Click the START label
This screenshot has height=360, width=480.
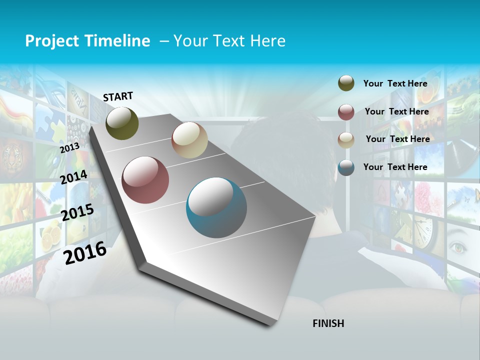tap(118, 96)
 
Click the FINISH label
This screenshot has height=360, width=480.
tap(328, 323)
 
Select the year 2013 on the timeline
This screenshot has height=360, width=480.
tap(69, 148)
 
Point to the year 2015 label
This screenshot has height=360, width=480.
tap(77, 212)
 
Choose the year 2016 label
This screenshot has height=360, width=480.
tap(85, 252)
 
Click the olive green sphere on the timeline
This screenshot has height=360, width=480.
tap(122, 123)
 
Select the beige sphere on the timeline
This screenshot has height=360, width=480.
tap(189, 140)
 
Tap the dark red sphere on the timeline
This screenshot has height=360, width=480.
tap(145, 180)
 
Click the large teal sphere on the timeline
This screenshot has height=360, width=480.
tap(216, 207)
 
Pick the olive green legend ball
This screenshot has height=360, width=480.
tap(346, 83)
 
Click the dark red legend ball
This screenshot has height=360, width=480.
tap(346, 112)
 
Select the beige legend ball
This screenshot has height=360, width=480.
tap(346, 139)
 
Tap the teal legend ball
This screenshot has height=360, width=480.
tap(346, 167)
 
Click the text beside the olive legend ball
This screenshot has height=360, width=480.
tap(395, 83)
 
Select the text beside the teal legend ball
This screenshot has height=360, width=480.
tap(395, 167)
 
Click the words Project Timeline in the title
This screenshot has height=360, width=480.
tap(87, 41)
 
